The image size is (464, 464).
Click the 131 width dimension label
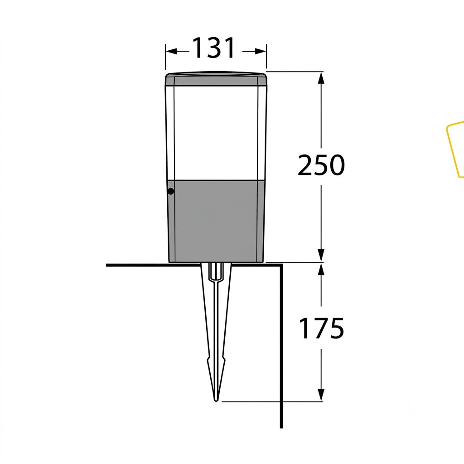214,48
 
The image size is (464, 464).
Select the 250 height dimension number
321,165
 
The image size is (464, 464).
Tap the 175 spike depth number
321,328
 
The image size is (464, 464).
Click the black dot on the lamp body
171,192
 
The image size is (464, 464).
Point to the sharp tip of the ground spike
216,401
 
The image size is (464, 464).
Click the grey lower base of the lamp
216,221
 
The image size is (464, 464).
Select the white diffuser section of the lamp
216,133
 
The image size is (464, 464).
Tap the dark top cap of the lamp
216,79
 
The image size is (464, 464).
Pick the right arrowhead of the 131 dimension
261,52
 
